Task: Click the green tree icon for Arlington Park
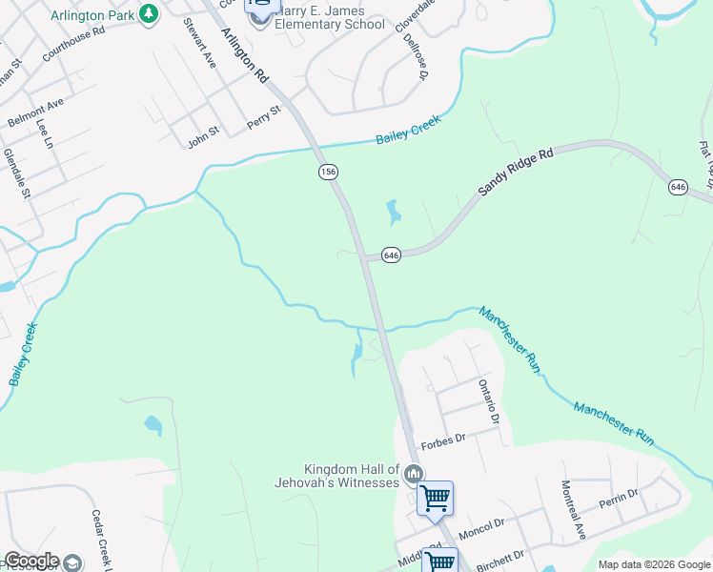click(148, 13)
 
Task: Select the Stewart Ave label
click(200, 42)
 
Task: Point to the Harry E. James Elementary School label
click(330, 18)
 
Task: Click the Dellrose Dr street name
click(417, 58)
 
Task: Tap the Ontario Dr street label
click(488, 400)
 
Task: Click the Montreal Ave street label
click(572, 510)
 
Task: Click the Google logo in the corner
click(31, 561)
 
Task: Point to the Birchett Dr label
click(501, 557)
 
